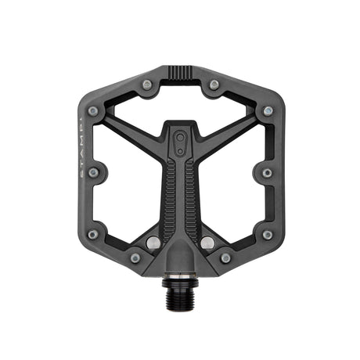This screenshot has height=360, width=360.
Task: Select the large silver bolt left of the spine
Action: [153, 243]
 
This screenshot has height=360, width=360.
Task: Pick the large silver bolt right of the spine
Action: [207, 243]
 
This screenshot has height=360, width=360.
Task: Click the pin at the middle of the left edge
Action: [93, 172]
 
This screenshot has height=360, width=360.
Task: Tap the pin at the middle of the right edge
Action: [267, 172]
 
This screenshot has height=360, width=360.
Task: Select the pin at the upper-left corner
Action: [93, 111]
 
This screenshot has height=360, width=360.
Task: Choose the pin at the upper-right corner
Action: [267, 111]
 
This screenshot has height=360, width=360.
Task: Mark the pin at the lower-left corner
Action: [93, 234]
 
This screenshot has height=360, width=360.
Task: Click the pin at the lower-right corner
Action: [267, 234]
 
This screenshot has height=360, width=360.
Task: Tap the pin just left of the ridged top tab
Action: [146, 84]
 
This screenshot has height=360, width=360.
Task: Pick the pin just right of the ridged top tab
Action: [214, 84]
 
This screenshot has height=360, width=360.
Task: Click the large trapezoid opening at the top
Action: [180, 102]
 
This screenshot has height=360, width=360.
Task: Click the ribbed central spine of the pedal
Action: [180, 196]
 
